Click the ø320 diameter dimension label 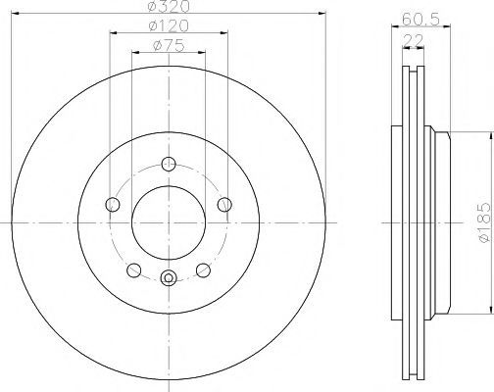(x=169, y=7)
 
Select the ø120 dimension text (x=169, y=26)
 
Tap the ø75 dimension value (x=169, y=46)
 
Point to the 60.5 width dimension (x=420, y=20)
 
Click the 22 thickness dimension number (x=414, y=40)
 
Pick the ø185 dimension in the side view (x=484, y=222)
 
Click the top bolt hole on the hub (x=169, y=164)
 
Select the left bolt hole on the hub (x=113, y=205)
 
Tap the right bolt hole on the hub (x=224, y=205)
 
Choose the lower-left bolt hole (x=133, y=270)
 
